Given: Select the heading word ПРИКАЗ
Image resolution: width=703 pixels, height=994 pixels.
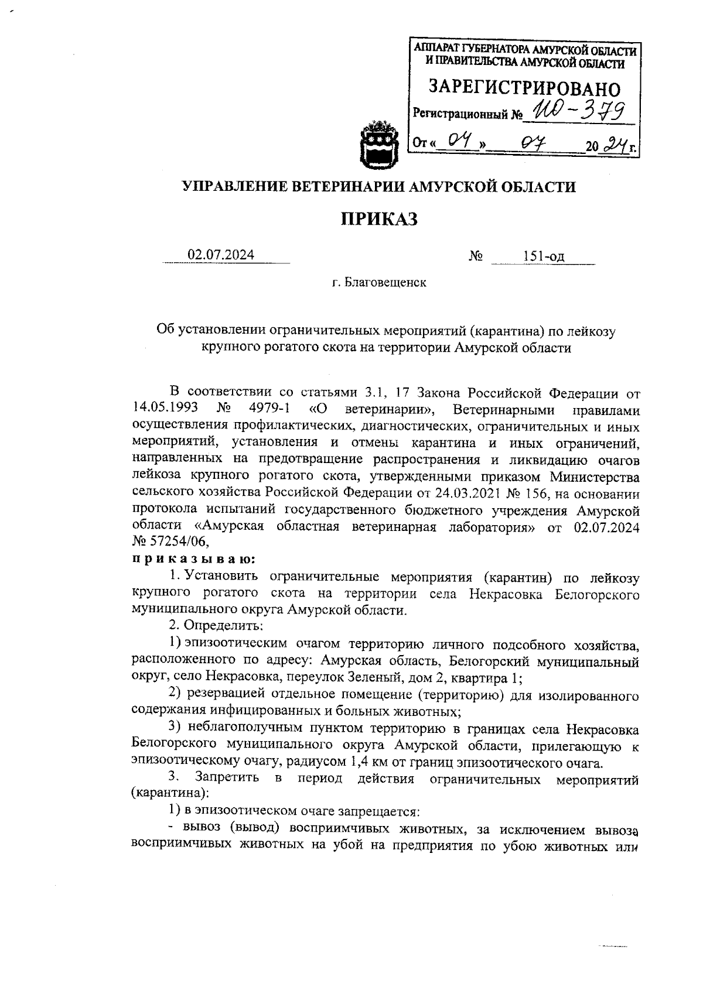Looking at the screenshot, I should point(379,219).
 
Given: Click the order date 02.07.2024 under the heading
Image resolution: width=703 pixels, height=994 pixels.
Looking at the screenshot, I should point(221,255).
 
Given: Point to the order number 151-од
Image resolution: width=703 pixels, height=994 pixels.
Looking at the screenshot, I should point(544,256).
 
